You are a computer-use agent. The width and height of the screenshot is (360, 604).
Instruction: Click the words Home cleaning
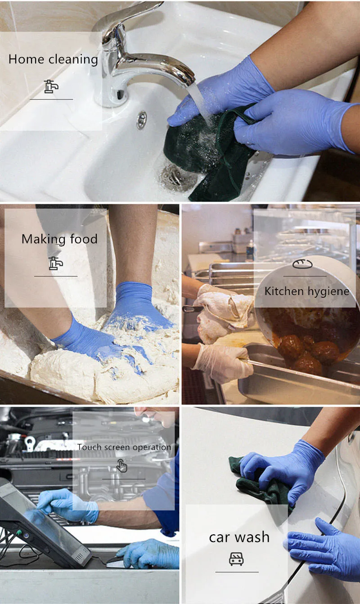point(53,60)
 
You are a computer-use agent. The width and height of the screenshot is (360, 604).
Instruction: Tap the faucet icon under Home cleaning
point(51,86)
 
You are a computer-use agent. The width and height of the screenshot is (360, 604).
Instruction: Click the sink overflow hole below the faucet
point(142,120)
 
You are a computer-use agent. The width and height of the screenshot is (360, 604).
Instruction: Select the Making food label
point(59,239)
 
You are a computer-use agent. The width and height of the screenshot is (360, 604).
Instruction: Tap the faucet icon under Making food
point(56,264)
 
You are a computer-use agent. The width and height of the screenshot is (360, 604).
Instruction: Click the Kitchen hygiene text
point(307,291)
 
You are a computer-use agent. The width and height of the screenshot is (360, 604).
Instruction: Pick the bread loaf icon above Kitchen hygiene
point(302,264)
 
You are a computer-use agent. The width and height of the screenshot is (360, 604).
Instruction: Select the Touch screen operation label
point(124,447)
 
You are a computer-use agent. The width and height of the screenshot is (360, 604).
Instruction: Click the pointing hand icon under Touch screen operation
point(121,465)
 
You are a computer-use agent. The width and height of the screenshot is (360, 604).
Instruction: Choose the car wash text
point(239,537)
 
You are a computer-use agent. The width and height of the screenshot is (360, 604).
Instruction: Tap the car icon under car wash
point(236,559)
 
